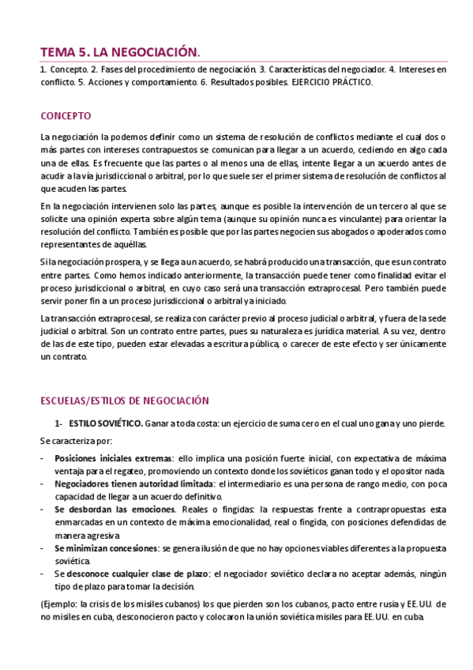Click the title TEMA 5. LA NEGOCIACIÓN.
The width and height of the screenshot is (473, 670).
tap(120, 52)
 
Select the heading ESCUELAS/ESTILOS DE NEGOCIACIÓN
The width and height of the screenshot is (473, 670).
tap(124, 401)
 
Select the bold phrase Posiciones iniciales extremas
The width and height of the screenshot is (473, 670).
tap(114, 457)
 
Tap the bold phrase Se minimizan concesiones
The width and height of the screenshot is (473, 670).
tap(106, 547)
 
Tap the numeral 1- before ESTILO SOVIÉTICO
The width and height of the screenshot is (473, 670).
tap(58, 423)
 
